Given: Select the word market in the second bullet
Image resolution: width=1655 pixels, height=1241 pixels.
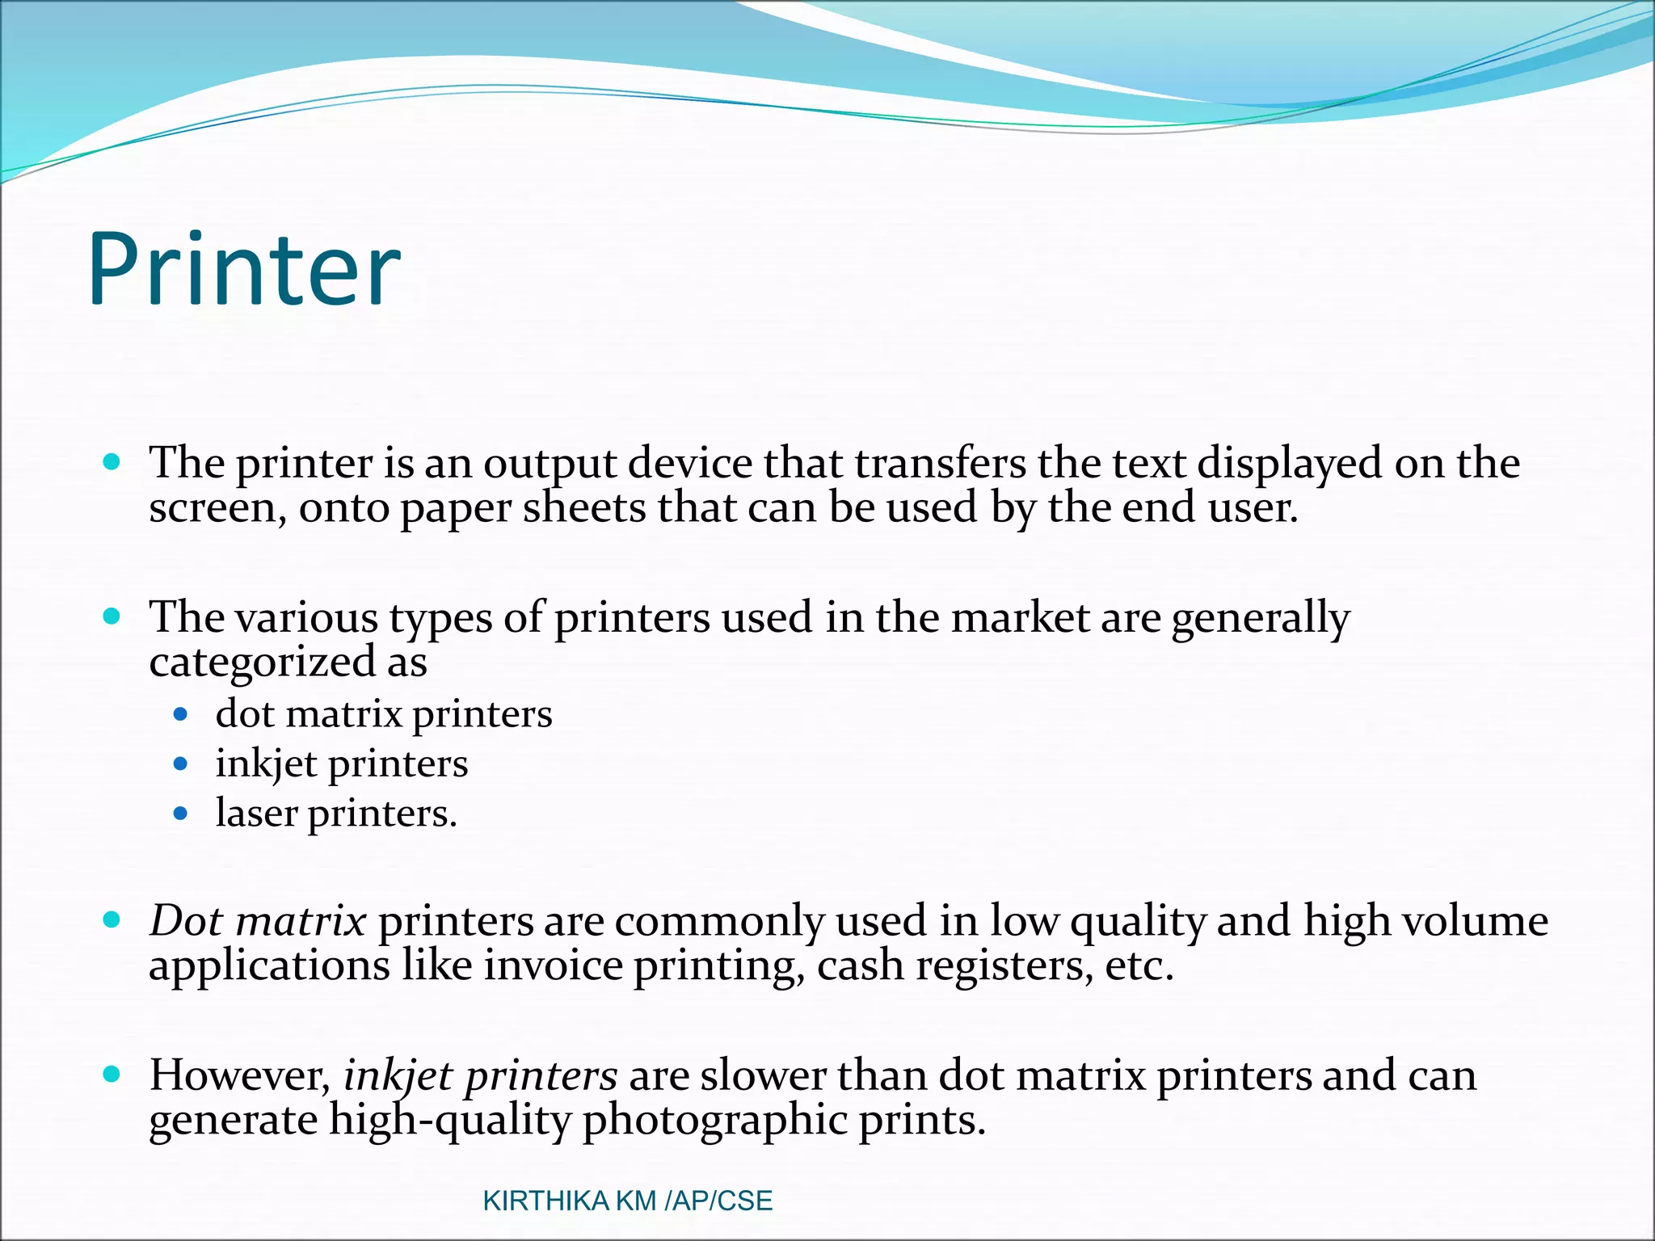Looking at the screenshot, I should coord(1020,618).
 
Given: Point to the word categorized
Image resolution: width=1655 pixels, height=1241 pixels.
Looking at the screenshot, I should coord(262,663).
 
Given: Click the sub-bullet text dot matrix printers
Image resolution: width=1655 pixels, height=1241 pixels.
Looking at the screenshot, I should coord(384,715).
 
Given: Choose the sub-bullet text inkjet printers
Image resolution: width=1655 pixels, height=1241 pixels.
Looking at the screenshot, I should coord(341,764).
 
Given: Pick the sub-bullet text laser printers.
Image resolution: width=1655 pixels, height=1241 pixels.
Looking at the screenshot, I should coord(336,814).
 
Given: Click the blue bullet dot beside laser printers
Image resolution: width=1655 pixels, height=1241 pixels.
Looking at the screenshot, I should coord(181,813).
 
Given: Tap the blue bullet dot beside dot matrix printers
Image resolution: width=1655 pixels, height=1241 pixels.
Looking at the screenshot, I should coord(181,714).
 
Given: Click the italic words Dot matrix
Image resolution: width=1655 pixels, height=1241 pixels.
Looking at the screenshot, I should coord(258,921).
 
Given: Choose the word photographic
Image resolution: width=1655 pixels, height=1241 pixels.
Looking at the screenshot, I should coord(714,1121).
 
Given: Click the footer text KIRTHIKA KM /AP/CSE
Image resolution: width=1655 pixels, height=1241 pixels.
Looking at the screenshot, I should coord(627,1201).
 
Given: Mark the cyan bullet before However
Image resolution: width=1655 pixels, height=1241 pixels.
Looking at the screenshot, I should coord(112,1074).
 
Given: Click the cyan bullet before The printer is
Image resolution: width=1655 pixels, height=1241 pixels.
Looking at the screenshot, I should coord(112,462).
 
